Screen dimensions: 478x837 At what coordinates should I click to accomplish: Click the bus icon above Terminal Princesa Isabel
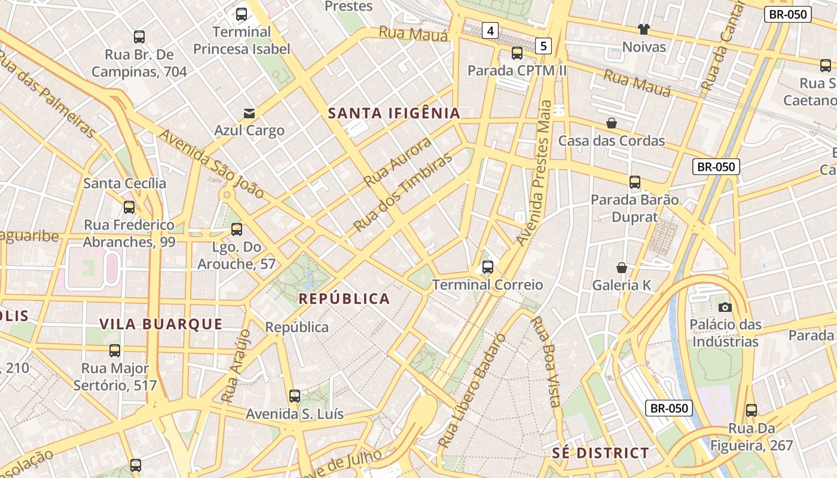(x=242, y=14)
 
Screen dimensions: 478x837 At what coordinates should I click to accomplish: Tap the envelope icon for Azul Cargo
(x=249, y=113)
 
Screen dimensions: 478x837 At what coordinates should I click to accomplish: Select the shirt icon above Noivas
(x=643, y=29)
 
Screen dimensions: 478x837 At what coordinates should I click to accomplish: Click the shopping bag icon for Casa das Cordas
(x=612, y=123)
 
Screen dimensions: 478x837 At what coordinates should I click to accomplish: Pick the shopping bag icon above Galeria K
(x=622, y=268)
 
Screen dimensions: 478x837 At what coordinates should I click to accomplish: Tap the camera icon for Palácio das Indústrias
(x=725, y=307)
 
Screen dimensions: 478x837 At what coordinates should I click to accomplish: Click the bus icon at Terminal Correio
(x=488, y=266)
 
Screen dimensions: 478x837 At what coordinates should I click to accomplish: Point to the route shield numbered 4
(x=490, y=30)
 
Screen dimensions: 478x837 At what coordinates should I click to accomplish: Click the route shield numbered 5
(x=543, y=45)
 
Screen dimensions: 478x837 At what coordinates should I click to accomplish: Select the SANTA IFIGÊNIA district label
(x=394, y=113)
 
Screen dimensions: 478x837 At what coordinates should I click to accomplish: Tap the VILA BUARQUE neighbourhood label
(x=161, y=324)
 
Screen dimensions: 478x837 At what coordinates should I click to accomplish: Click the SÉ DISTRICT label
(x=600, y=453)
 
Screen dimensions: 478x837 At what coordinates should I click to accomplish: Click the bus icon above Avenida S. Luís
(x=295, y=396)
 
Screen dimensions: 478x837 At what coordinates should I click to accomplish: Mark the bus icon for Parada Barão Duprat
(x=635, y=182)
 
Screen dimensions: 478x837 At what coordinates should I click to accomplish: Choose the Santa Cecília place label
(x=125, y=183)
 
